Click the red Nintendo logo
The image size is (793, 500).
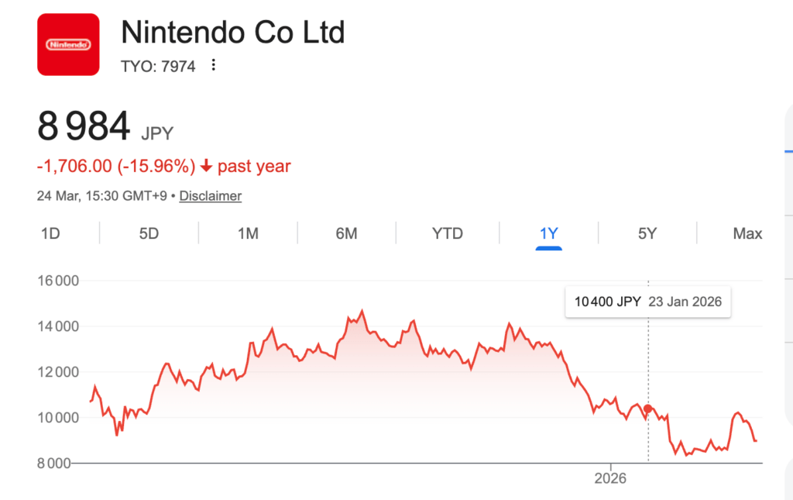(68, 44)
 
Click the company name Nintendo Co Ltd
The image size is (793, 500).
(233, 33)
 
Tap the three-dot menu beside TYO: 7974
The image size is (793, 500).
(214, 66)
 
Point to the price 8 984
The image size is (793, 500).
(84, 126)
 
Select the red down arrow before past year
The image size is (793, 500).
(206, 166)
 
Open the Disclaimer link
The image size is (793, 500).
(211, 196)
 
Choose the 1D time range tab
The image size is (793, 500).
(50, 233)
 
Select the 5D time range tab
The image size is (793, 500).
(149, 233)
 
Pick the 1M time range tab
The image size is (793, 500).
(248, 233)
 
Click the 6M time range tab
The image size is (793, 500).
(346, 233)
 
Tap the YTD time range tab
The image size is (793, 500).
(447, 233)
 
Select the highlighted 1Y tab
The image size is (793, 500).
(548, 233)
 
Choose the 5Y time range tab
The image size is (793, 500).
(647, 233)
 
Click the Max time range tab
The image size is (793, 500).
(747, 233)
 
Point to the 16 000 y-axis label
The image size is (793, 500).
(58, 281)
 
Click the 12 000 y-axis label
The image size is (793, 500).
(58, 372)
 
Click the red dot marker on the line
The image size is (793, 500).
(648, 409)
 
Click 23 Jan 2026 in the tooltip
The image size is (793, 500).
(685, 302)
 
